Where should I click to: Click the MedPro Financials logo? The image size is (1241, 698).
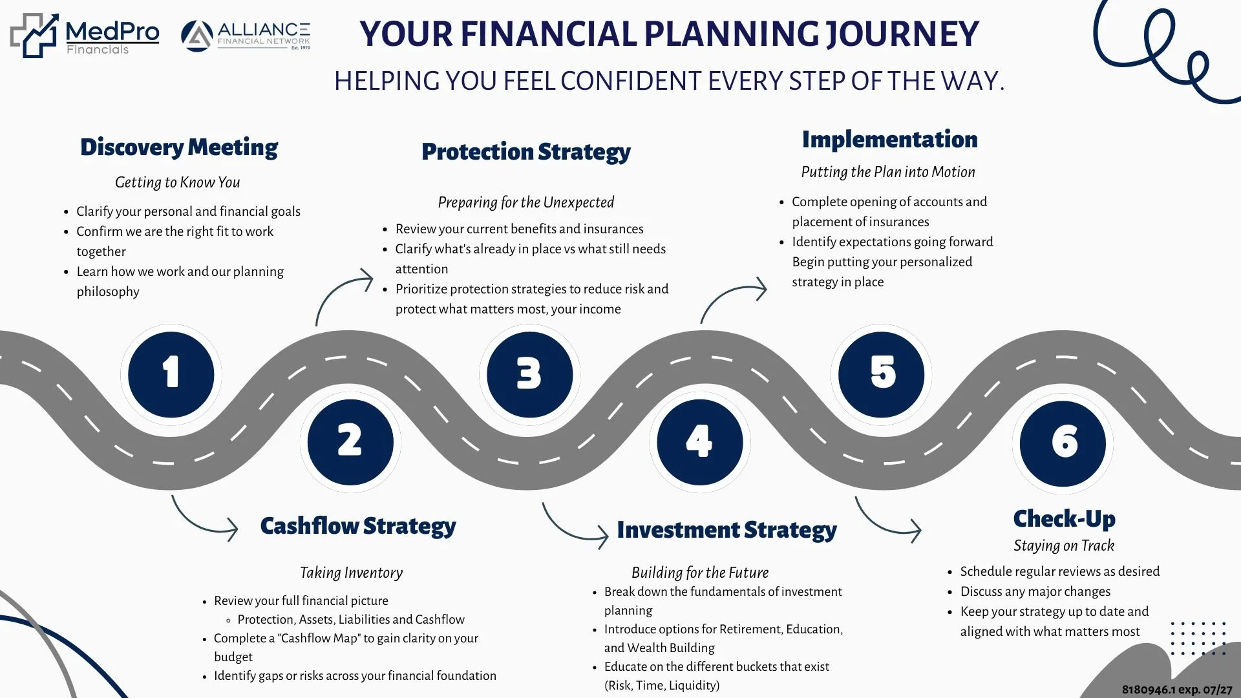pos(85,36)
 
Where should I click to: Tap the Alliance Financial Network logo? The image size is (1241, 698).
pos(246,36)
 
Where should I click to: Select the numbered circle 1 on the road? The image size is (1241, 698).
pos(171,374)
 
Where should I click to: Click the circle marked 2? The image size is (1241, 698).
pos(350,442)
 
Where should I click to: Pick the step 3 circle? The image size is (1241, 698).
pos(529,374)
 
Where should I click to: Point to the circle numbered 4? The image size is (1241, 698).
pos(699,442)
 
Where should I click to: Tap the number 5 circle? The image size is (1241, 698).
pos(882,374)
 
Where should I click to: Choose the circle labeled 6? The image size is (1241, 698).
pos(1063,443)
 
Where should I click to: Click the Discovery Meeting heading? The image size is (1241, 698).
pos(179,147)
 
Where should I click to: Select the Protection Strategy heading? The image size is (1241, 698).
pos(525,152)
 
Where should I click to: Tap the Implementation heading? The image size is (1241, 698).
pos(889,140)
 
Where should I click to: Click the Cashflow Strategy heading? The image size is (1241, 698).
pos(358,526)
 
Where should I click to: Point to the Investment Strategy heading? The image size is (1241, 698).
pos(727,530)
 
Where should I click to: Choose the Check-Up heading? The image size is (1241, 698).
pos(1064,519)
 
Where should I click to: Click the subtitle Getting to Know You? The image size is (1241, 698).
pos(177,182)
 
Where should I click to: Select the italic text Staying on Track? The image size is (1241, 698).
pos(1064,545)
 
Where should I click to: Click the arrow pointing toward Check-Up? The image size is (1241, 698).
pos(887,520)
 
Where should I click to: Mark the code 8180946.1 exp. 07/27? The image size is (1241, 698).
pos(1176,690)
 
